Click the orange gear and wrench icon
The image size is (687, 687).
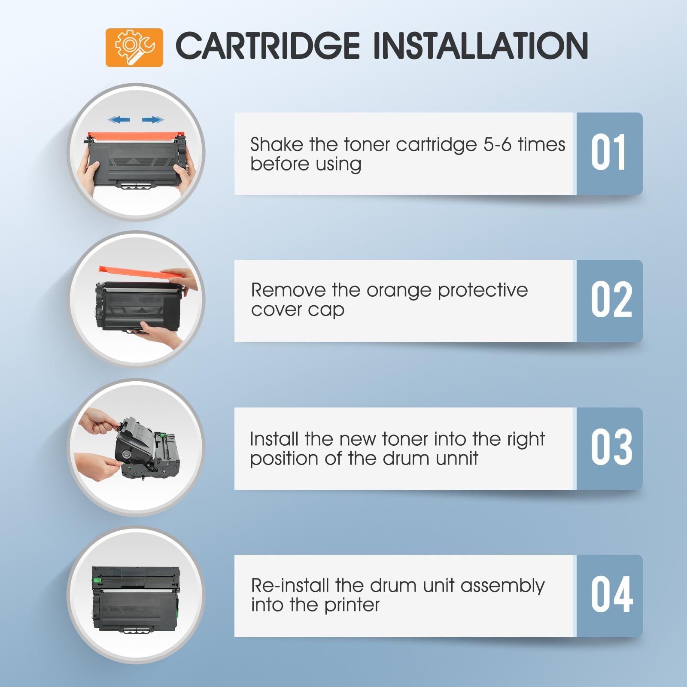134,47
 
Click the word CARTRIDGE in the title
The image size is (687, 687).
268,46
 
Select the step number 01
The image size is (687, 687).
608,152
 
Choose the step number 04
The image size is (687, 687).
612,595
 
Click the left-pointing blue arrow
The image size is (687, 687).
119,120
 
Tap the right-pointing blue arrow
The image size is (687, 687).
153,120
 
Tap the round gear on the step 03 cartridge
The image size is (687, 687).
127,454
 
